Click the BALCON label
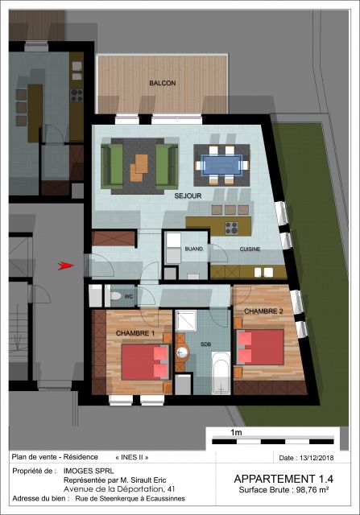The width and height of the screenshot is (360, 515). coord(163,83)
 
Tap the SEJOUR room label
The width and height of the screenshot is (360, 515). coord(188,196)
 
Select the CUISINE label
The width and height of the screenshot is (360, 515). coord(250,249)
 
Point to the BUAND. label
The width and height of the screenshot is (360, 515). coord(194,249)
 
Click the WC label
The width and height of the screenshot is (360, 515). coord(129,297)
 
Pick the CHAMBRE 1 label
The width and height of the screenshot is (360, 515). coord(135,333)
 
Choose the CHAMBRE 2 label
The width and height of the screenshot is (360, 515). coord(263,311)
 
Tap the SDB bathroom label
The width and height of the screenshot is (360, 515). coord(206,344)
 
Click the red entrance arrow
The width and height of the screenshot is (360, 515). coord(66,266)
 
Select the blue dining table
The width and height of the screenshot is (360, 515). coord(221,165)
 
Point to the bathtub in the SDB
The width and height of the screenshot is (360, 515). coord(221,373)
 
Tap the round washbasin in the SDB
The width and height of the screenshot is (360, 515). coord(182,352)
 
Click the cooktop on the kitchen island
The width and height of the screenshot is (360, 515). coord(231,228)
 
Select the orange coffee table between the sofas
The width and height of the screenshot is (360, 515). coord(139,168)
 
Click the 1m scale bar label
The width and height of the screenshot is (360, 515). coord(237,432)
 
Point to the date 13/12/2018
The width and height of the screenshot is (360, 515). coord(317,458)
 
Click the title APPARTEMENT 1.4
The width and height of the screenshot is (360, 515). coord(283,479)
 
